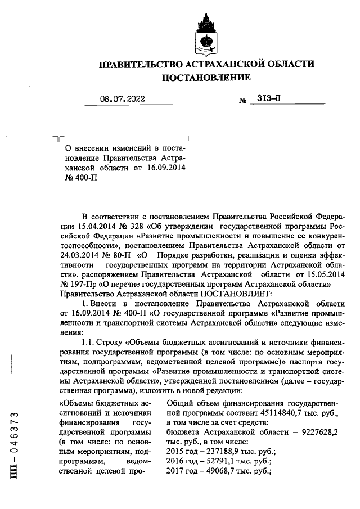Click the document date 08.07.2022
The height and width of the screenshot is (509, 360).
click(122, 99)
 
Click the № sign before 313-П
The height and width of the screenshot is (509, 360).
click(243, 101)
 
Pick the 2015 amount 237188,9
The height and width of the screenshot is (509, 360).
click(219, 451)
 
